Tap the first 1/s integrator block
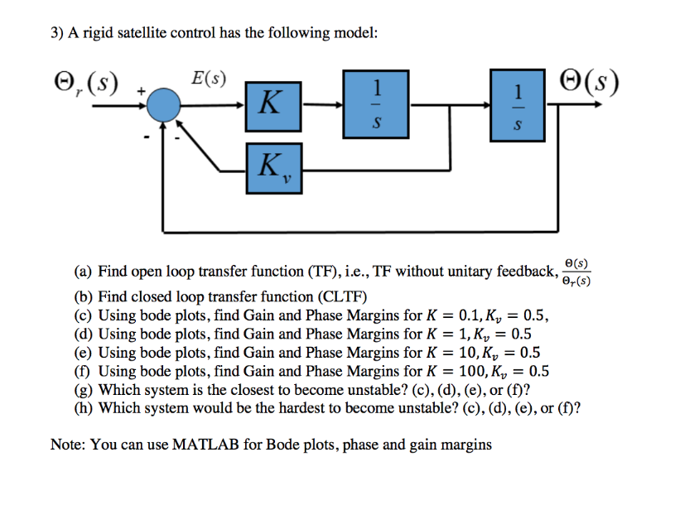[377, 104]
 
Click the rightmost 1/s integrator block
[518, 104]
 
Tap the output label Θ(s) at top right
[589, 83]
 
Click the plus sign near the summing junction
[142, 89]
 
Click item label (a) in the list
[83, 272]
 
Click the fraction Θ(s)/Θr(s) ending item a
[576, 272]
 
